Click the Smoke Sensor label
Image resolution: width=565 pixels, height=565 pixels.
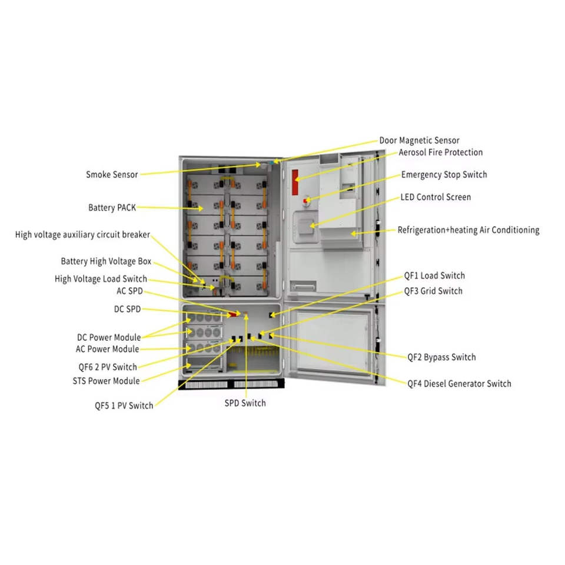pos(112,175)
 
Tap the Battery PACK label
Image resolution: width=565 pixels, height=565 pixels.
pos(112,208)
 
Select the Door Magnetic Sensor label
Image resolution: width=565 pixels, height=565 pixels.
pos(419,141)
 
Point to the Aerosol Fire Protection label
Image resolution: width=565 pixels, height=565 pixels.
pos(441,152)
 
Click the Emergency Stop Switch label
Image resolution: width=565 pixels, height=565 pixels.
pos(444,175)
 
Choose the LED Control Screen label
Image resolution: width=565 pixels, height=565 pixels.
pos(436,197)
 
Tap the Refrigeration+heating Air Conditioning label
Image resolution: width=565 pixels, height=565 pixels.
pos(468,230)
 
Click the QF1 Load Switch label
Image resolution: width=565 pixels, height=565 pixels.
pos(434,275)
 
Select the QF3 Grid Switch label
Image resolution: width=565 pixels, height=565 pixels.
pos(433,291)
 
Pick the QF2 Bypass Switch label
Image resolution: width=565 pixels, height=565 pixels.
pos(441,357)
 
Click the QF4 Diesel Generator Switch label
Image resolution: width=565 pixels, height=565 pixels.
pos(459,384)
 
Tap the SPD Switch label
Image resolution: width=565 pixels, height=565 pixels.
pos(245,403)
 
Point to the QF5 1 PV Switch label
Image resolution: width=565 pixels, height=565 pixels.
pos(124,406)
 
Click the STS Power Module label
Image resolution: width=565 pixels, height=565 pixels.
pos(102,381)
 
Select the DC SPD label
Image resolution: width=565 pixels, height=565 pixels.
pos(127,309)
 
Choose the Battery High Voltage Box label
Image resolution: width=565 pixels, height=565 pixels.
pos(106,261)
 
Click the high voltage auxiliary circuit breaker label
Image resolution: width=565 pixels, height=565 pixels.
pos(82,235)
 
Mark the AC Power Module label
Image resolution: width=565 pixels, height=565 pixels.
pos(108,349)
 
